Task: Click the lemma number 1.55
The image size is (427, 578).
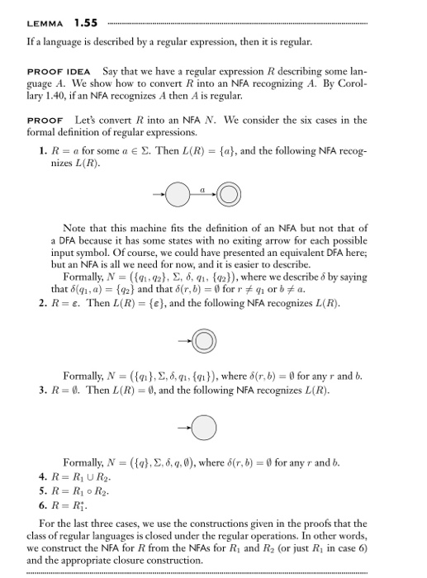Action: tap(84, 21)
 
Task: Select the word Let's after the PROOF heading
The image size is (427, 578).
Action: tap(88, 121)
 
